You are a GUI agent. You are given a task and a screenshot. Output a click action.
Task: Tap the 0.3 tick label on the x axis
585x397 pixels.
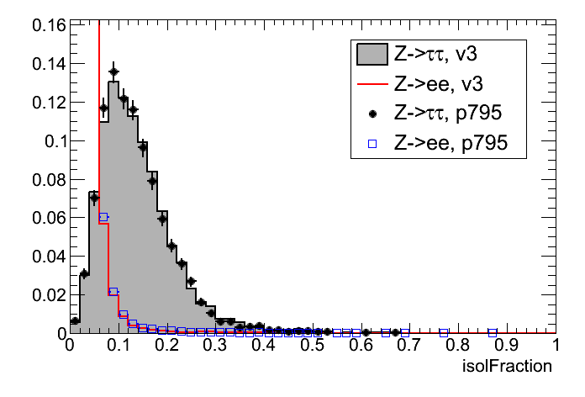(x=214, y=346)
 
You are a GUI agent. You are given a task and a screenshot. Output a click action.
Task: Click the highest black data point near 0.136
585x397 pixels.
(x=113, y=72)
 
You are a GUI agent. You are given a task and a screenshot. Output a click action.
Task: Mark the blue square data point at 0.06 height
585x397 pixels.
(x=103, y=217)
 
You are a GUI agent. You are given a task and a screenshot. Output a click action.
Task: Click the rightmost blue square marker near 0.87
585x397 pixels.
(x=493, y=332)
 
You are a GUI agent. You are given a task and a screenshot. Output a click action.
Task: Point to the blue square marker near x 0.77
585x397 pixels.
(x=444, y=332)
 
